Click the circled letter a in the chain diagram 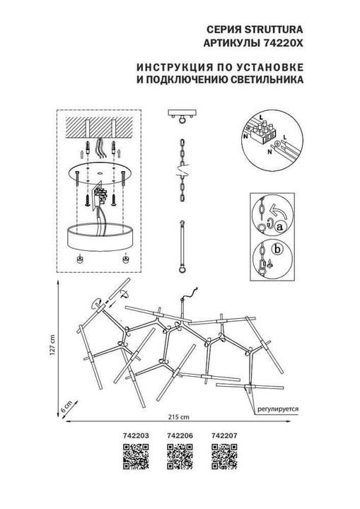279,226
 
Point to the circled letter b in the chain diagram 278,249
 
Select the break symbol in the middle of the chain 181,170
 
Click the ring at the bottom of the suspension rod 182,269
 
